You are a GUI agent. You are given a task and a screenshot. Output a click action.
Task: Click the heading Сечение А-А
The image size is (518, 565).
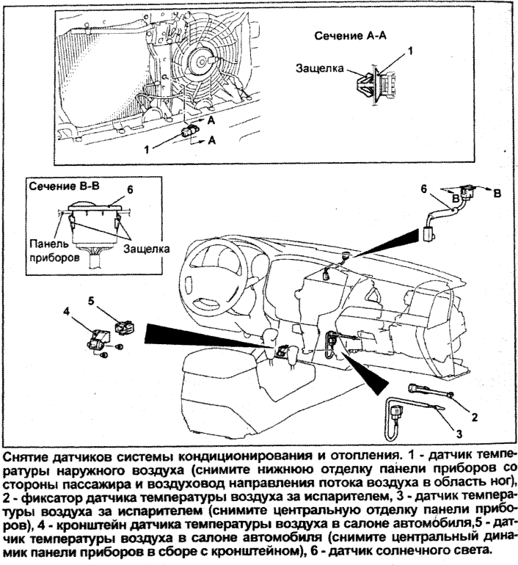[349, 36]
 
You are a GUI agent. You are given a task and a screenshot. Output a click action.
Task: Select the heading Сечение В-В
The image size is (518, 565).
[59, 187]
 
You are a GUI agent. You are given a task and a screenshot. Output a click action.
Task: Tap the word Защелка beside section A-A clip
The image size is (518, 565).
[319, 68]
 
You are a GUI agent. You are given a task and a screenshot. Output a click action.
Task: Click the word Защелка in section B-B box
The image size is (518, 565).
[145, 249]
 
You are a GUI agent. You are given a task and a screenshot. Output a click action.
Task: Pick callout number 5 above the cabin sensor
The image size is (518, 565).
[92, 301]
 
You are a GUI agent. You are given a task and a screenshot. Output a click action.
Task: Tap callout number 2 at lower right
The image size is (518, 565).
[475, 418]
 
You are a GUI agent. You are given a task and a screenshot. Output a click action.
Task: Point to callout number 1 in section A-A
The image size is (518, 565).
[411, 51]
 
